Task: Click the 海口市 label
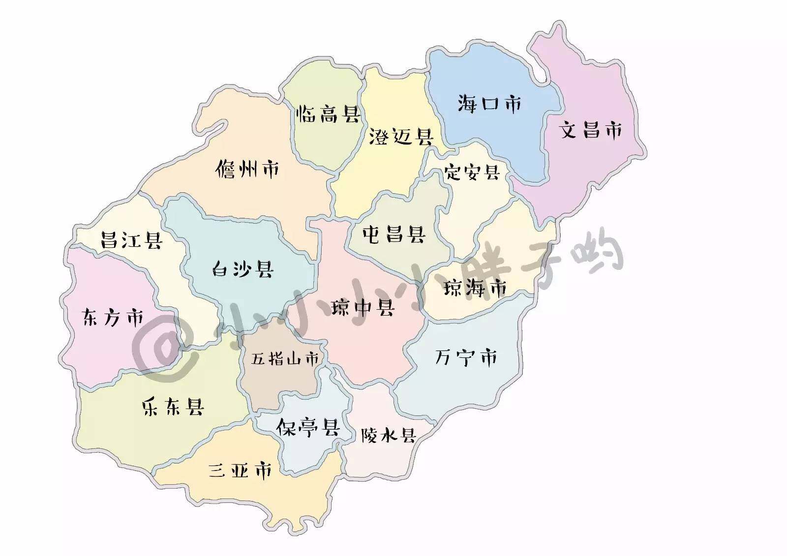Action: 489,104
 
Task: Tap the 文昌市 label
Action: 590,130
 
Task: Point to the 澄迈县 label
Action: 400,137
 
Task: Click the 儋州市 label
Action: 247,170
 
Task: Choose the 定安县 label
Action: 472,173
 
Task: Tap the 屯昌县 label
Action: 393,234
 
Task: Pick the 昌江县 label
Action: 131,240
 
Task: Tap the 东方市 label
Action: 113,318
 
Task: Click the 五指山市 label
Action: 285,358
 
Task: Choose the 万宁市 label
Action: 466,357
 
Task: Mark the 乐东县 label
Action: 173,407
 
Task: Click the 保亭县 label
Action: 308,427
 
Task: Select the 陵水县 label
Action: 389,435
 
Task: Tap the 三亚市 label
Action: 240,471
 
